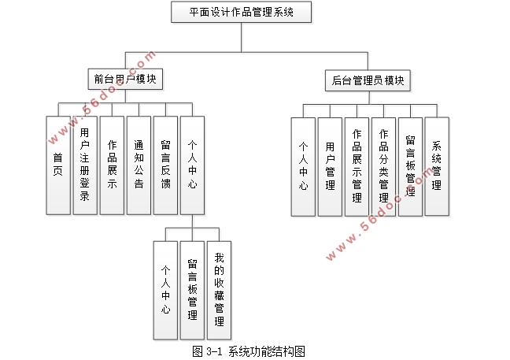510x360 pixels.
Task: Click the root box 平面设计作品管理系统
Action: (x=241, y=13)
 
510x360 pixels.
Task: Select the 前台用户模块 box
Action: (x=124, y=80)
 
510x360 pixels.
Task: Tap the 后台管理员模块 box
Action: (x=368, y=80)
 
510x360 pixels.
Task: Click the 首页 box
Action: (x=58, y=165)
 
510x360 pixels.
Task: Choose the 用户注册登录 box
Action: (x=85, y=165)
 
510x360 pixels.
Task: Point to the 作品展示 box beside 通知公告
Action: (x=112, y=165)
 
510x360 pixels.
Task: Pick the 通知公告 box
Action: (x=139, y=165)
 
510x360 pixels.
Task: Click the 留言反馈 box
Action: (x=165, y=165)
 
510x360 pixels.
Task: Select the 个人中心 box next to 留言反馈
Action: (x=192, y=165)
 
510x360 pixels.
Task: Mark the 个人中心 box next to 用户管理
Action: (x=303, y=166)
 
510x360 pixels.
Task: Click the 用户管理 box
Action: (x=330, y=166)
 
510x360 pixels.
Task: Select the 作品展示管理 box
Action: (x=357, y=166)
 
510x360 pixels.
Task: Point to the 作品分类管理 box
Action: (x=383, y=166)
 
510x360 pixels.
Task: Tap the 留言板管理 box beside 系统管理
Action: (x=410, y=166)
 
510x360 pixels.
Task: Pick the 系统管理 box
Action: (x=437, y=166)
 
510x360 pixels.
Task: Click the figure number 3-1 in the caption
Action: (x=215, y=350)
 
